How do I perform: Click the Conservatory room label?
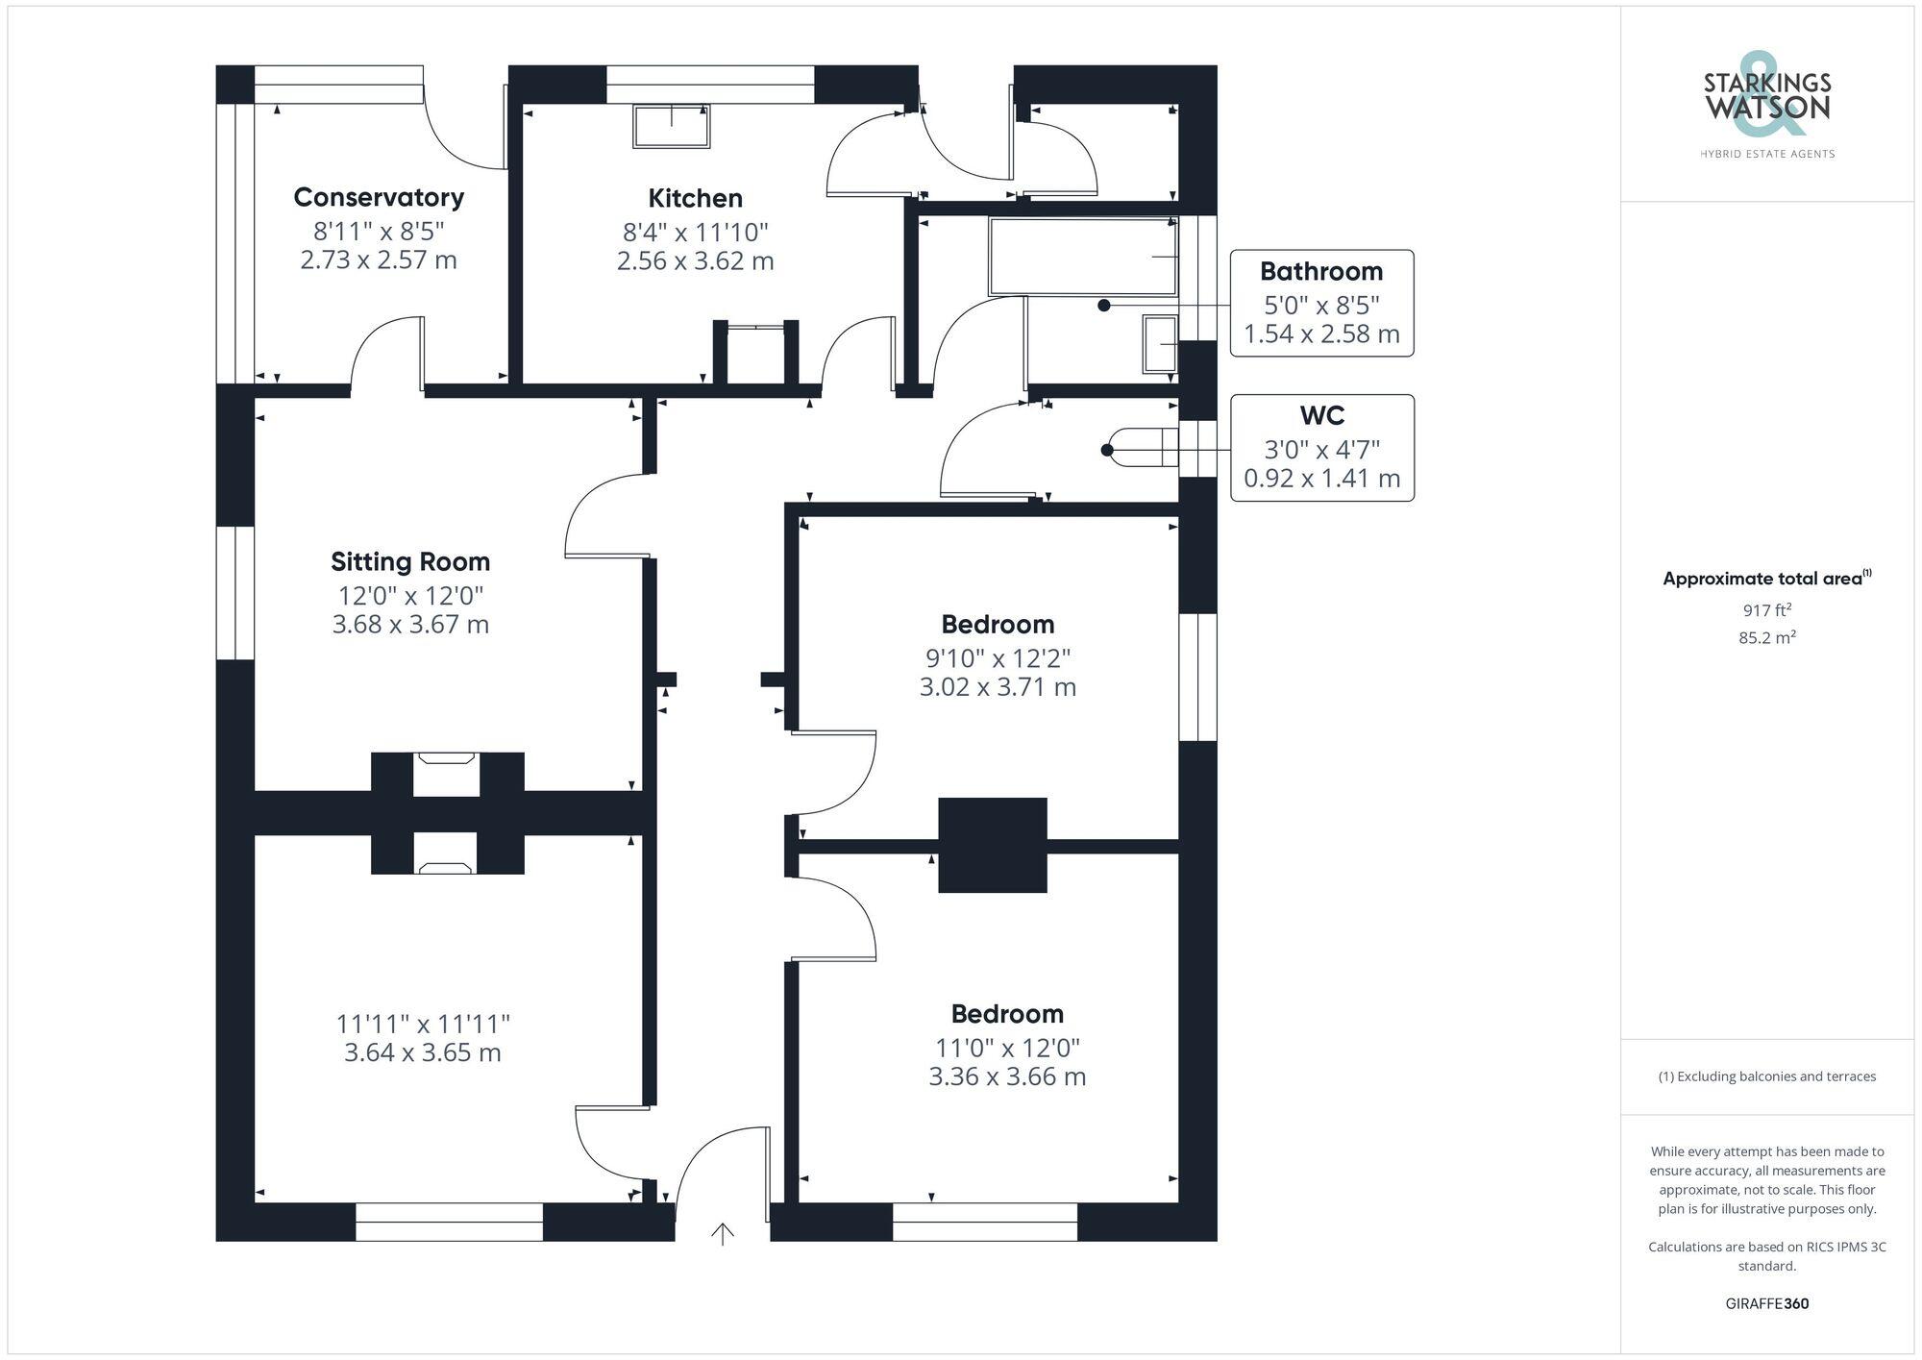coord(379,197)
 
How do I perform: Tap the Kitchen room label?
coord(695,198)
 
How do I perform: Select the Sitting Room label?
coord(410,561)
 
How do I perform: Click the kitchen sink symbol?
coord(671,126)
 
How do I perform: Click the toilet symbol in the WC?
coord(1142,448)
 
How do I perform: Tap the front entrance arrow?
coord(723,1232)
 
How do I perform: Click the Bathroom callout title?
coord(1321,271)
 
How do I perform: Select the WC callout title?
coord(1321,415)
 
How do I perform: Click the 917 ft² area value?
coord(1766,610)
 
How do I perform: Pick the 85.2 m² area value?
coord(1766,637)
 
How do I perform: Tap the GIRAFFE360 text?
coord(1766,1303)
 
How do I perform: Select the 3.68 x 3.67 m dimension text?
coord(410,625)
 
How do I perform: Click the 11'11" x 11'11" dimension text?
coord(423,1024)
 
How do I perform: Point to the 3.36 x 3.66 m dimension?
coord(1007,1076)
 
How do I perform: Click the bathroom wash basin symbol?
coord(1160,343)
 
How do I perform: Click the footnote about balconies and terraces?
coord(1766,1076)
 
